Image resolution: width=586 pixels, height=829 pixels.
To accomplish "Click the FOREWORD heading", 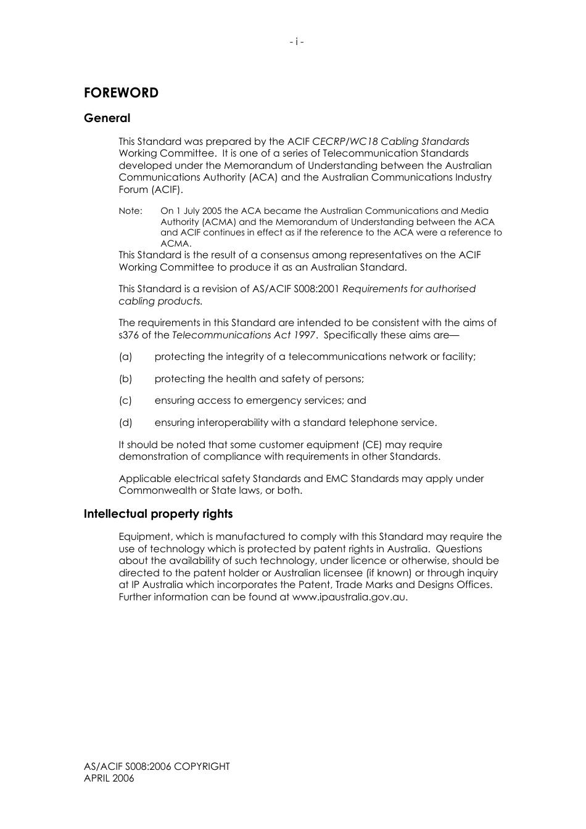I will [x=121, y=93].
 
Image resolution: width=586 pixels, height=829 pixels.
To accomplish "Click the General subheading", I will [x=107, y=118].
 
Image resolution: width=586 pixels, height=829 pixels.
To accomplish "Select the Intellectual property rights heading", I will [x=158, y=514].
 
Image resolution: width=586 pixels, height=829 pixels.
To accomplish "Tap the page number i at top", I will [x=297, y=42].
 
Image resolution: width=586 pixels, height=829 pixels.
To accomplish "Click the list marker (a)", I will [x=125, y=357].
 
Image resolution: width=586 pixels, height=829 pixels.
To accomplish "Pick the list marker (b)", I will [x=125, y=379].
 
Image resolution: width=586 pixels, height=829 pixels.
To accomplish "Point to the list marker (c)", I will [x=125, y=401].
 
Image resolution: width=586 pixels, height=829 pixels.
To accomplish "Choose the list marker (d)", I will [x=125, y=423].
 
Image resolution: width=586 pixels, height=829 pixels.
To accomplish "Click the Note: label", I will [x=130, y=211].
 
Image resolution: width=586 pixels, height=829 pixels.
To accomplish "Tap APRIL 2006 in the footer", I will [x=109, y=778].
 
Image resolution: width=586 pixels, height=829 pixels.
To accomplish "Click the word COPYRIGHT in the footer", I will [x=202, y=767].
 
